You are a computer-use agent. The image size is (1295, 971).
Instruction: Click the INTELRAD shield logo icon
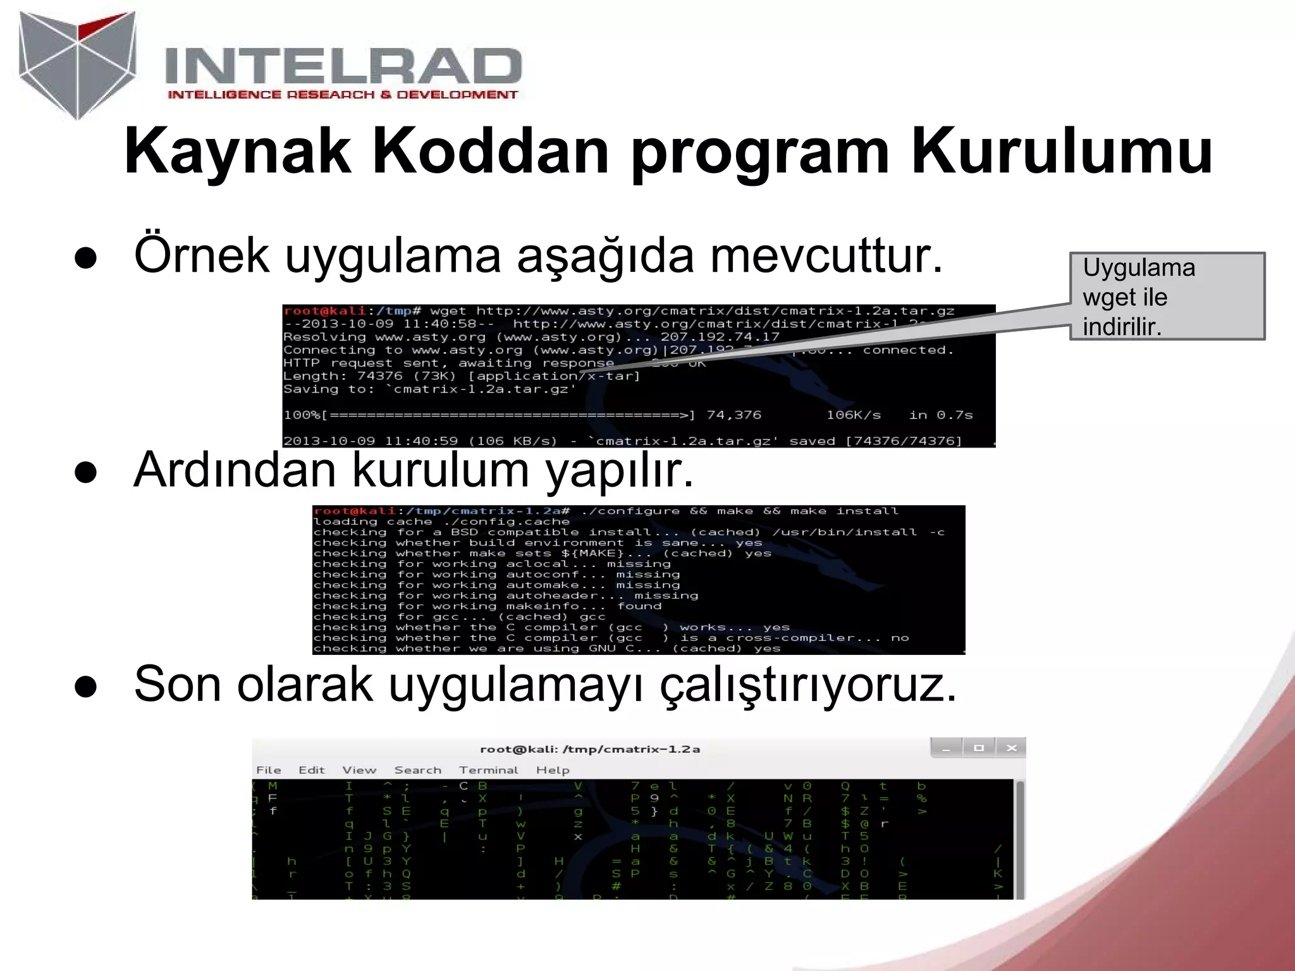point(77,63)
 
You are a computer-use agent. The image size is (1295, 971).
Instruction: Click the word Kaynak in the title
point(237,152)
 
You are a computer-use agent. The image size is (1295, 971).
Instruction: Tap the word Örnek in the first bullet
point(201,255)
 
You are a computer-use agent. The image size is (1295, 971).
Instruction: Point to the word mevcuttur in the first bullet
point(826,255)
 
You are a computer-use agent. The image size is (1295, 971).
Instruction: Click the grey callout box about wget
point(1167,296)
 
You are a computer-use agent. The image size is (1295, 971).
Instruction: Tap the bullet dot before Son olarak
point(85,687)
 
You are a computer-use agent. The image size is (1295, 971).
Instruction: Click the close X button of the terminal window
point(1011,748)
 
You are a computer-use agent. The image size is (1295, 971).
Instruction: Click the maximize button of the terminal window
point(979,748)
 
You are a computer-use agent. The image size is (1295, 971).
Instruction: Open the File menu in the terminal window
point(269,770)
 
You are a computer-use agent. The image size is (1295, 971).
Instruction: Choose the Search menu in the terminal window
point(417,770)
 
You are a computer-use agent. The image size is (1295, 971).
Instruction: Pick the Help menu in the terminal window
point(553,770)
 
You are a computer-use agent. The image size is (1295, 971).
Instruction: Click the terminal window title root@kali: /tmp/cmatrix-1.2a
point(590,749)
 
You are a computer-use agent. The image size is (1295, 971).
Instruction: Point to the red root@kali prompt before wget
point(325,311)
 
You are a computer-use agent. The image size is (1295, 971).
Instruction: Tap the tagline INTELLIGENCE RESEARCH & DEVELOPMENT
point(342,95)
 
